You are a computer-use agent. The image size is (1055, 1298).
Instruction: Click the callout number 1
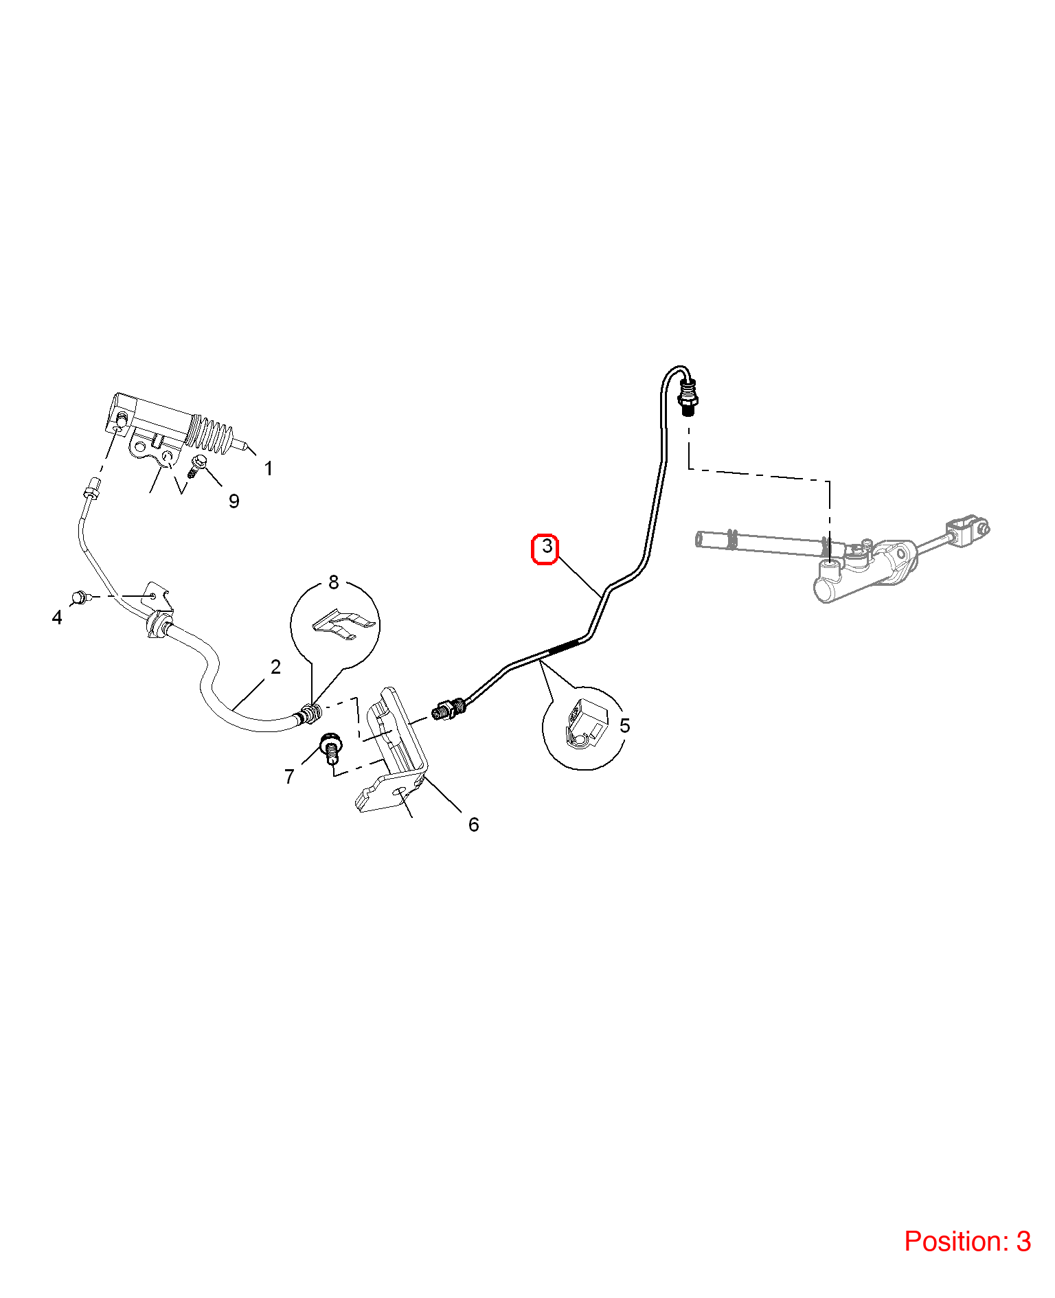click(269, 468)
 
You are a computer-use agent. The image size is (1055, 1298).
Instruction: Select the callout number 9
click(234, 501)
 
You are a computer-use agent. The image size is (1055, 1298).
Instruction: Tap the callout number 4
click(57, 617)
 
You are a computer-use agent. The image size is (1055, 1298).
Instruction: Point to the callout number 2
click(275, 667)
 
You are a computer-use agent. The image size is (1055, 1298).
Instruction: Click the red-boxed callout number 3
click(546, 547)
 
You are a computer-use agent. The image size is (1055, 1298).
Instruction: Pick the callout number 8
click(334, 582)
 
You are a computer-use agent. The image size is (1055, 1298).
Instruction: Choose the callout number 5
click(624, 725)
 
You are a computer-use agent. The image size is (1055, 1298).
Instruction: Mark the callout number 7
click(289, 777)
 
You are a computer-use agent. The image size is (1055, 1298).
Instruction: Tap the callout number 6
click(473, 825)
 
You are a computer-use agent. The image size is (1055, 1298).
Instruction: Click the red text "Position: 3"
click(967, 1242)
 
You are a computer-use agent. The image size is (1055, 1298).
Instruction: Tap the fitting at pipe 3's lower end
click(449, 708)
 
